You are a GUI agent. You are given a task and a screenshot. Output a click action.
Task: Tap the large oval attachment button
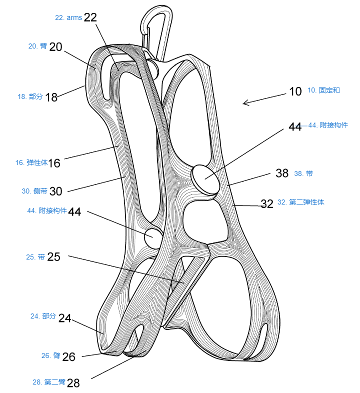(205, 179)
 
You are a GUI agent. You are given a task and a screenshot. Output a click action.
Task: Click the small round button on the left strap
(153, 238)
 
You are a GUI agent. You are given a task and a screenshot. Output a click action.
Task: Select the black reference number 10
(295, 91)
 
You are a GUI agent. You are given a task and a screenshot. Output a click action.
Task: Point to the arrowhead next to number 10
(246, 102)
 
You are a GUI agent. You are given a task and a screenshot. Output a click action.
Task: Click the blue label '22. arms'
(68, 18)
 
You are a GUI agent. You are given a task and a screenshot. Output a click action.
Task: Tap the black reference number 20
(55, 47)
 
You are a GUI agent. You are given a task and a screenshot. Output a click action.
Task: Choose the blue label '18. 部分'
(30, 96)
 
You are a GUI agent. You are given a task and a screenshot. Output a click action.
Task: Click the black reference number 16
(54, 163)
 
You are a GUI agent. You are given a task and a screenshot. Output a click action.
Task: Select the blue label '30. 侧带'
(34, 191)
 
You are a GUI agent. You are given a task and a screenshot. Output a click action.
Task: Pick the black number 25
(53, 257)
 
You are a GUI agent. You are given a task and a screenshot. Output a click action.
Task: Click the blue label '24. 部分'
(43, 316)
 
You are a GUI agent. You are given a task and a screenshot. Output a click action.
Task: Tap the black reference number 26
(68, 357)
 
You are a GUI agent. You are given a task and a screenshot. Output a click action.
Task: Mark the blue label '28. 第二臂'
(49, 382)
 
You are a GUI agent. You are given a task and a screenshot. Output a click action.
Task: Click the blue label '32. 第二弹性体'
(301, 202)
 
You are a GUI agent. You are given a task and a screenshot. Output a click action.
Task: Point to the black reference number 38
(282, 173)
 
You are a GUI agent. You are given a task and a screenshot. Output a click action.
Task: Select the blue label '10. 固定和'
(323, 90)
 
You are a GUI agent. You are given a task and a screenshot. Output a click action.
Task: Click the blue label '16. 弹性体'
(31, 162)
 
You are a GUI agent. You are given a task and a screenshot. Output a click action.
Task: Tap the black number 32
(266, 204)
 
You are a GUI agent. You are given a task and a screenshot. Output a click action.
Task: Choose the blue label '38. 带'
(303, 173)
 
